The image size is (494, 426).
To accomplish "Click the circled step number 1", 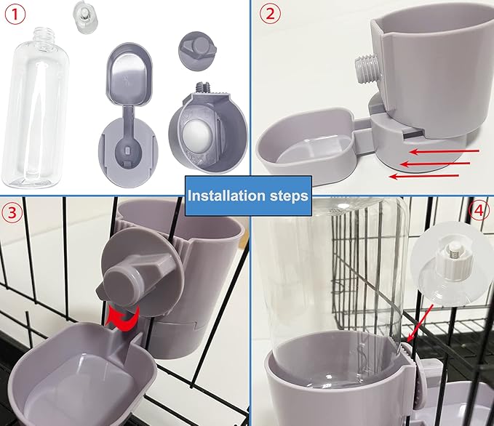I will tap(17, 15).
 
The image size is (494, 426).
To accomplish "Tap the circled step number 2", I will tap(271, 15).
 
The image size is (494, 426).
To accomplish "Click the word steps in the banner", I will tap(290, 195).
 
